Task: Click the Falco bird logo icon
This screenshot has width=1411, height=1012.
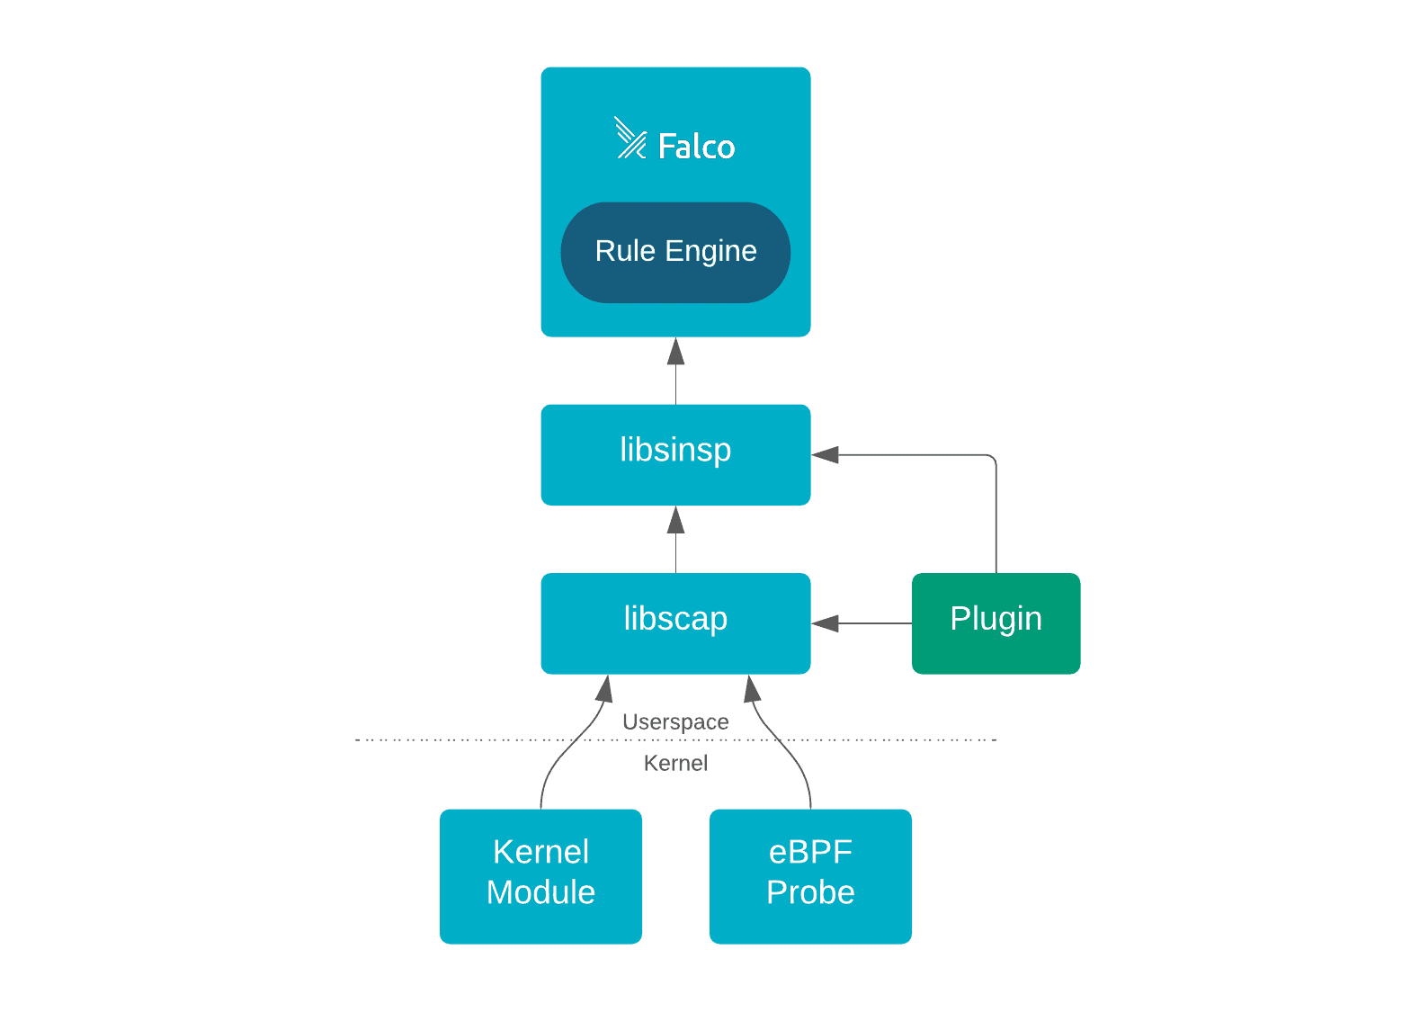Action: pyautogui.click(x=630, y=139)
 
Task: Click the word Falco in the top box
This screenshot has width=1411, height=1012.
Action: pyautogui.click(x=696, y=147)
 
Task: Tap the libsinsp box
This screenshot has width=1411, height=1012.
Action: pyautogui.click(x=675, y=454)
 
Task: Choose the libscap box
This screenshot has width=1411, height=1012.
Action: pyautogui.click(x=675, y=623)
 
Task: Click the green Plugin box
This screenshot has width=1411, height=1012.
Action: pyautogui.click(x=996, y=623)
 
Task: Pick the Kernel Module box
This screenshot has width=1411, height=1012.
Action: pyautogui.click(x=540, y=875)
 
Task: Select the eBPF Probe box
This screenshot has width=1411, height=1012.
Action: pyautogui.click(x=810, y=875)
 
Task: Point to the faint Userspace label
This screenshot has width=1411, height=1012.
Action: pyautogui.click(x=675, y=721)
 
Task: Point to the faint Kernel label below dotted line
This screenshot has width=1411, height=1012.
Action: pyautogui.click(x=675, y=763)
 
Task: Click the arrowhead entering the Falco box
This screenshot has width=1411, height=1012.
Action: pyautogui.click(x=675, y=353)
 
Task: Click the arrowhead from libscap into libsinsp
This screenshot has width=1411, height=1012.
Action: pyautogui.click(x=675, y=521)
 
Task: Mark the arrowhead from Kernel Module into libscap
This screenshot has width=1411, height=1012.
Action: pyautogui.click(x=605, y=689)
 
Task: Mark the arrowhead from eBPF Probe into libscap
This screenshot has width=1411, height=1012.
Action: pyautogui.click(x=752, y=689)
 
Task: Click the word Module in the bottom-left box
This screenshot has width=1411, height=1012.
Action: pyautogui.click(x=540, y=892)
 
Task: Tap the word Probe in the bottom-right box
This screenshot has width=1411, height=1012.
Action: pyautogui.click(x=810, y=892)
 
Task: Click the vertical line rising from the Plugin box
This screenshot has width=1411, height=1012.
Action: pyautogui.click(x=996, y=522)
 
